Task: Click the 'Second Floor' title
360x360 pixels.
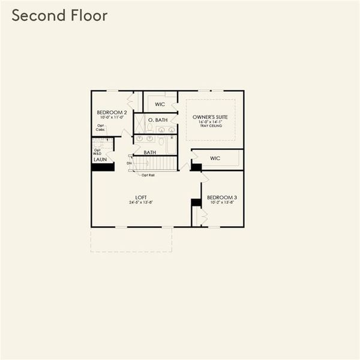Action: point(59,16)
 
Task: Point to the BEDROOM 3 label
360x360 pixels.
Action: point(221,197)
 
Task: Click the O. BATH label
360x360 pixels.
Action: point(157,120)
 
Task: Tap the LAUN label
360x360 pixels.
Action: point(100,160)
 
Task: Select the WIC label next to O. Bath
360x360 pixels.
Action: point(160,104)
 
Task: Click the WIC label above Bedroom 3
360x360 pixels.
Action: point(215,158)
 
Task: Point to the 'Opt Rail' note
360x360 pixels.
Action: point(148,175)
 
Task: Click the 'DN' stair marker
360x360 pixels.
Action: point(129,163)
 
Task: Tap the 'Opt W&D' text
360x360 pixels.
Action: point(97,152)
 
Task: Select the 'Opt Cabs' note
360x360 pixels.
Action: point(100,128)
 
